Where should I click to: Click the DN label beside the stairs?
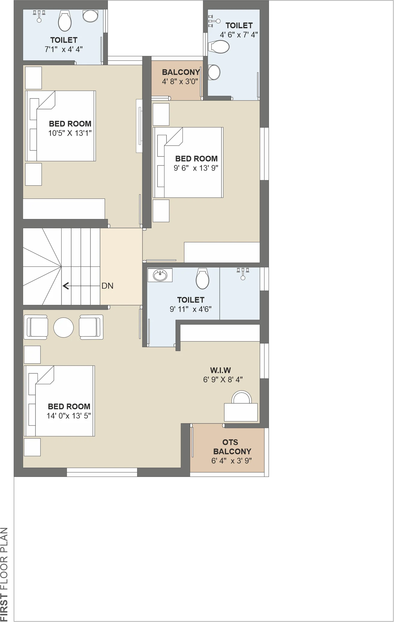(x=107, y=286)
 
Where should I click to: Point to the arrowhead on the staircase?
(x=66, y=286)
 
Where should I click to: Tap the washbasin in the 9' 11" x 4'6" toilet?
(x=160, y=275)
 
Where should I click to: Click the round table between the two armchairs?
(x=63, y=327)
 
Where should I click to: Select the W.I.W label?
(x=221, y=370)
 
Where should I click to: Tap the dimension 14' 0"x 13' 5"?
(x=69, y=416)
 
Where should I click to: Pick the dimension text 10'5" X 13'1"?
(x=70, y=133)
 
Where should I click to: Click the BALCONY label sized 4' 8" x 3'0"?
(x=181, y=72)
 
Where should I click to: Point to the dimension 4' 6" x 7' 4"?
(x=239, y=35)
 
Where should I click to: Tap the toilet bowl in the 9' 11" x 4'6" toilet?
(x=202, y=278)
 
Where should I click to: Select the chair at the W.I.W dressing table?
(x=241, y=397)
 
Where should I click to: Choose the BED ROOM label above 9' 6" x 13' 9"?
(x=196, y=159)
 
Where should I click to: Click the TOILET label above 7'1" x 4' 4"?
(x=64, y=40)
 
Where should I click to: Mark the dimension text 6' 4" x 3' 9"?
(x=231, y=461)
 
